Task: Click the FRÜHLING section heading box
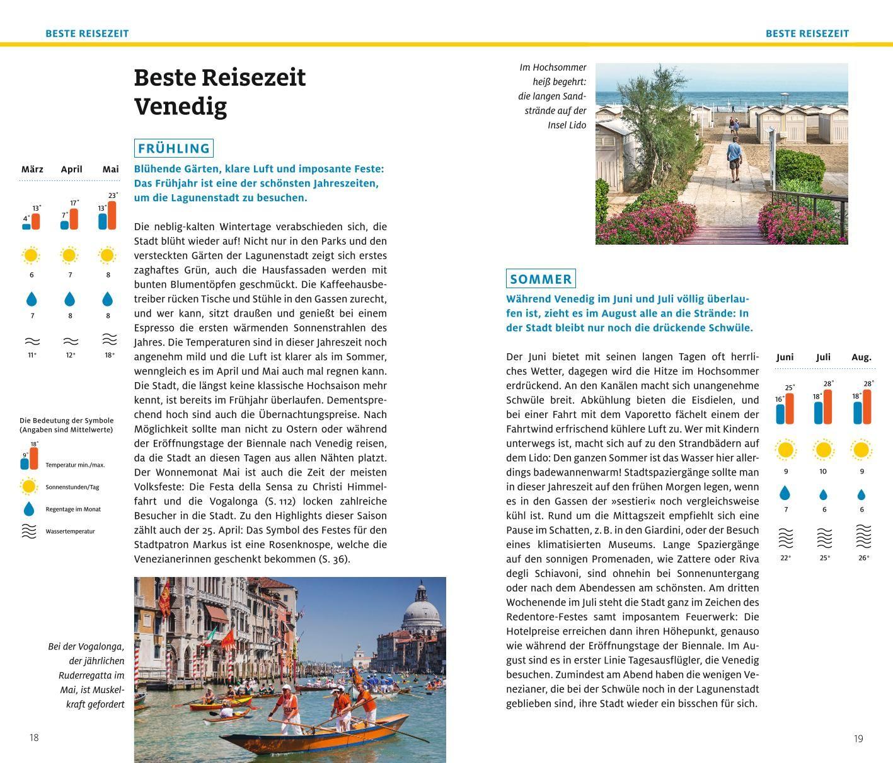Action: [x=173, y=148]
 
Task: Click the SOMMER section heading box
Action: [x=541, y=279]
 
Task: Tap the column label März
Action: [x=32, y=169]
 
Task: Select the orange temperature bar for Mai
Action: [x=112, y=215]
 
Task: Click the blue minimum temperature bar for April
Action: [x=64, y=224]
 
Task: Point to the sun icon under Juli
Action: [x=823, y=450]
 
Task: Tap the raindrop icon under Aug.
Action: [x=861, y=495]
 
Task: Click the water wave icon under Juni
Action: [x=785, y=538]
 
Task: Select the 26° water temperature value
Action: [x=863, y=558]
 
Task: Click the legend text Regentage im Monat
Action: [x=73, y=509]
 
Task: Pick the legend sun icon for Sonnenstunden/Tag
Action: [x=29, y=486]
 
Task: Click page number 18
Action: [x=34, y=737]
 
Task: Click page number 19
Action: [x=858, y=738]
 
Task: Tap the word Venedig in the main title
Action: [x=180, y=106]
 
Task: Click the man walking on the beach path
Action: [x=734, y=158]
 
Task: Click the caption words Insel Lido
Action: [x=567, y=125]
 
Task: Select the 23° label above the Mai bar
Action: [x=113, y=195]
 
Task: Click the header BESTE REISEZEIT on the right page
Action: [x=807, y=33]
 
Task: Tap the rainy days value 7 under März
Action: [x=32, y=315]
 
